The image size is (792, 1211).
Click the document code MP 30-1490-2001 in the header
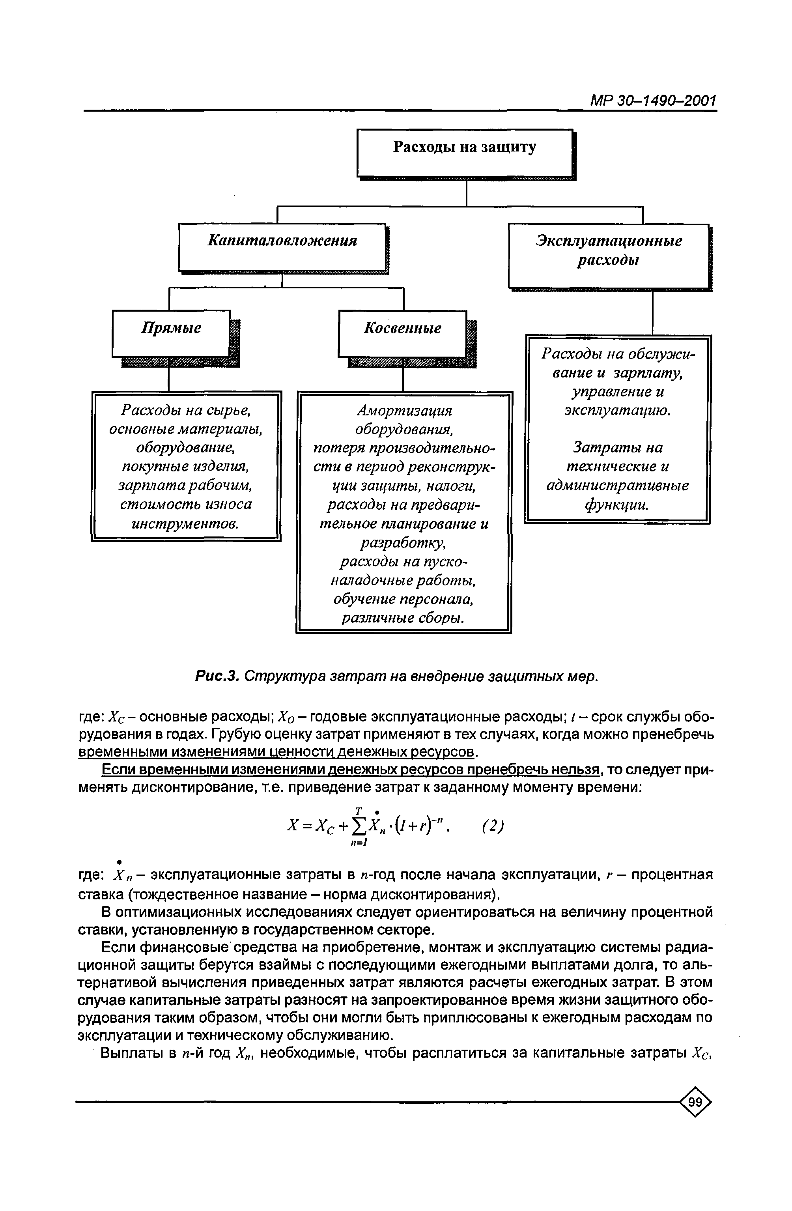(x=653, y=100)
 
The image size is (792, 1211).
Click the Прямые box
(x=171, y=333)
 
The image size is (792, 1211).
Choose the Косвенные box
(x=402, y=333)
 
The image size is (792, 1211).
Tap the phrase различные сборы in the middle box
(x=402, y=618)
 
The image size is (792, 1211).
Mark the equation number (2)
(x=492, y=825)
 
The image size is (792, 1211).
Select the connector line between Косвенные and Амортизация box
(x=403, y=379)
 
